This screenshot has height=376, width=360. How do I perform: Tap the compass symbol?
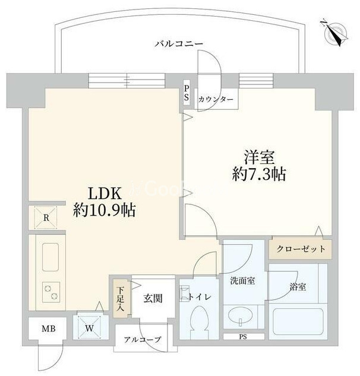[x=336, y=32]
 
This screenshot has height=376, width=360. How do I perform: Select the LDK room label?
[x=105, y=194]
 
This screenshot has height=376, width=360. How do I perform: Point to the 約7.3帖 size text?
[x=259, y=174]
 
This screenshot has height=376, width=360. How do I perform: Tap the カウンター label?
[x=216, y=100]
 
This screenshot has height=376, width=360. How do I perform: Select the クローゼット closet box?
[x=301, y=249]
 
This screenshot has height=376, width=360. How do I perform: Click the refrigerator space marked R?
[x=45, y=218]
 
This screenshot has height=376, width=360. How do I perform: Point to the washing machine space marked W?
[x=90, y=326]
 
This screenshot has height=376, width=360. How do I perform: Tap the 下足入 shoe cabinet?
[x=119, y=296]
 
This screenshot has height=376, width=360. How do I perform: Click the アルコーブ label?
[x=141, y=340]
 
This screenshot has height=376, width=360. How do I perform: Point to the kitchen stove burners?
[x=49, y=292]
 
